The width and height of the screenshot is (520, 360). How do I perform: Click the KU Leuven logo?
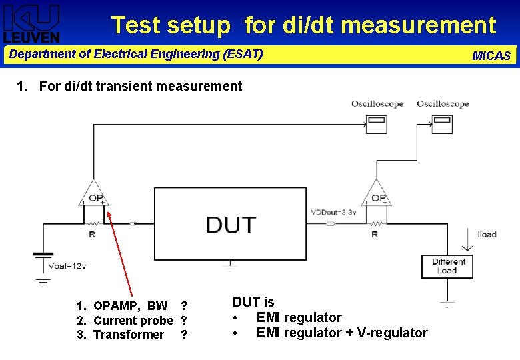click(31, 23)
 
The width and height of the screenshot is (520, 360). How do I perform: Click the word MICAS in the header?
click(491, 56)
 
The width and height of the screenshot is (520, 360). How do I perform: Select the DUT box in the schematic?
click(230, 223)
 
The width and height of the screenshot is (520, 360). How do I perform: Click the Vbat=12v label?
click(67, 266)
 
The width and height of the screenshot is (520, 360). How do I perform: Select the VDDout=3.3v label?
click(333, 213)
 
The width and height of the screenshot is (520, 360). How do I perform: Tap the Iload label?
click(487, 235)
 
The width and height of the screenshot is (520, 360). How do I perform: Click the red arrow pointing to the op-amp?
click(121, 253)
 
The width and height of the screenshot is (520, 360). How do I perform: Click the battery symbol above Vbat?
click(43, 255)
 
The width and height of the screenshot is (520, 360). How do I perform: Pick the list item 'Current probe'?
click(133, 321)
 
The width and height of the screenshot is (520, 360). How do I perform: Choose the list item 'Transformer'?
click(129, 335)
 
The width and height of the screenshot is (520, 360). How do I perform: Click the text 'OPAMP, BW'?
click(131, 306)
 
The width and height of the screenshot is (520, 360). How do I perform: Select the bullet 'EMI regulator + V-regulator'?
click(341, 333)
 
